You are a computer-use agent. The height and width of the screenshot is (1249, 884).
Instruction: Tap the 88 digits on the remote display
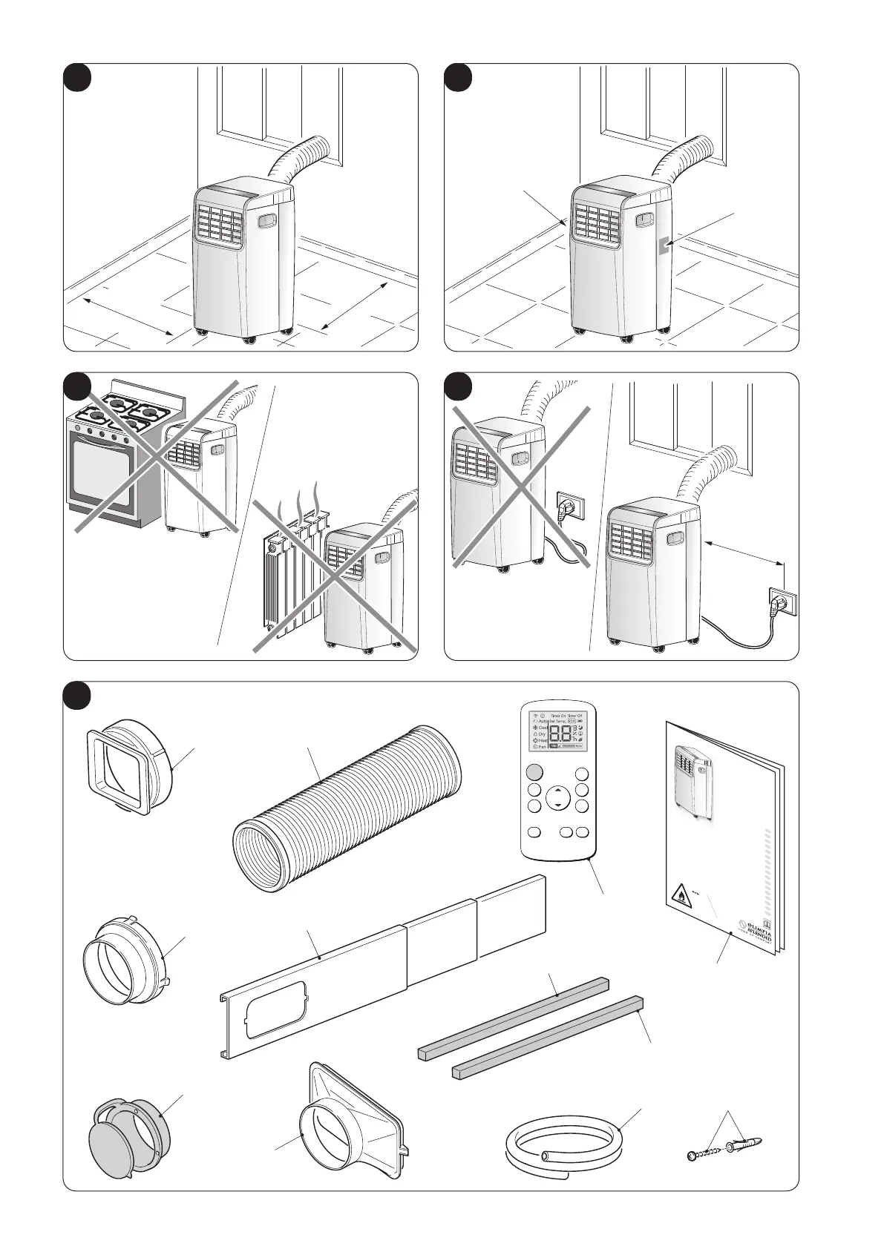tap(560, 734)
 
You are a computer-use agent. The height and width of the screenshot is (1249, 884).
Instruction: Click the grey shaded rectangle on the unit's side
tap(664, 246)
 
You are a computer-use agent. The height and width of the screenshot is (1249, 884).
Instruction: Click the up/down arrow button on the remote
tap(557, 799)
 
